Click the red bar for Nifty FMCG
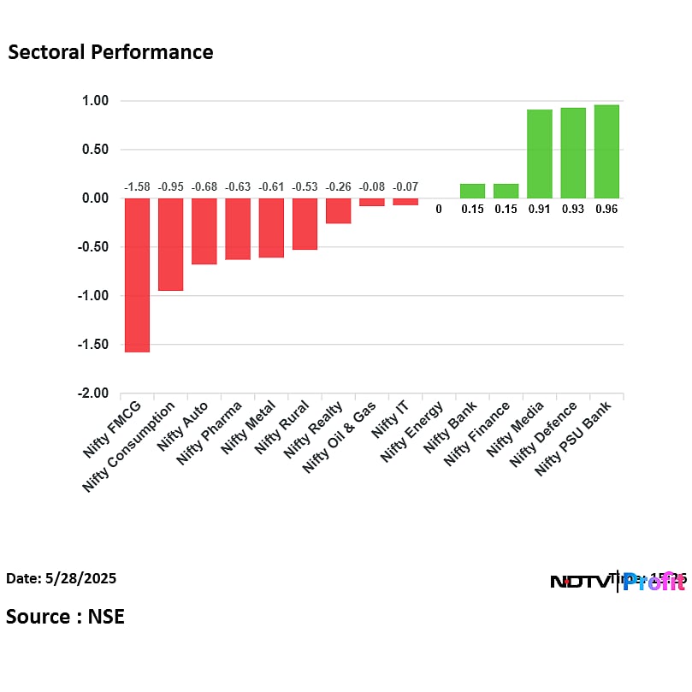[x=137, y=275]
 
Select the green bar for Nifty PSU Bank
[x=606, y=151]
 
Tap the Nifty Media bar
[x=539, y=154]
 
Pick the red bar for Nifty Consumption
[x=170, y=245]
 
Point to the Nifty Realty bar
[x=338, y=210]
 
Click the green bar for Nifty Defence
[x=573, y=153]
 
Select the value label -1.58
[x=137, y=186]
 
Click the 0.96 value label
[x=606, y=209]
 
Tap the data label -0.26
[x=338, y=186]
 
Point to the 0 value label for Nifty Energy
[x=439, y=209]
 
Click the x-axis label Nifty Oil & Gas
[x=340, y=436]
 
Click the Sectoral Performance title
[x=110, y=52]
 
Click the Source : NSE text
[x=65, y=617]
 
